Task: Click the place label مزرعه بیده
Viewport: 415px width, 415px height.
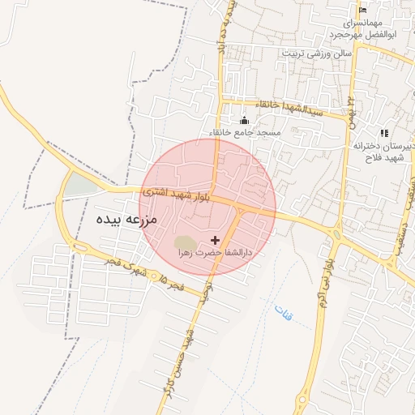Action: (x=118, y=219)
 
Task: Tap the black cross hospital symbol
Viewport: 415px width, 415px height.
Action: (x=215, y=240)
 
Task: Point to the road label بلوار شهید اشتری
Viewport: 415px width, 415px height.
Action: (x=177, y=195)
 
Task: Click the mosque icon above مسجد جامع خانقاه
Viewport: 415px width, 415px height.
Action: (x=245, y=121)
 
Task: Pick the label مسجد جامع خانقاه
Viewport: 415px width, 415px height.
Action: (x=245, y=132)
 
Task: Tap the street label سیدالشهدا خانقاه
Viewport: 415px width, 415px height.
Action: (x=284, y=109)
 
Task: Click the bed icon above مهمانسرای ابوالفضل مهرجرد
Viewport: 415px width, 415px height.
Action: (x=362, y=11)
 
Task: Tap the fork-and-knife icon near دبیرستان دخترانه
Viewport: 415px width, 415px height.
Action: (x=384, y=133)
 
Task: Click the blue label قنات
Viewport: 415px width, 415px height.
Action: (x=284, y=311)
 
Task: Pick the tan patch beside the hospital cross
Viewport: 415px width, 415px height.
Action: (x=186, y=242)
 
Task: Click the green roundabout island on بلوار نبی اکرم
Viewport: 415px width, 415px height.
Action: (x=336, y=235)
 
